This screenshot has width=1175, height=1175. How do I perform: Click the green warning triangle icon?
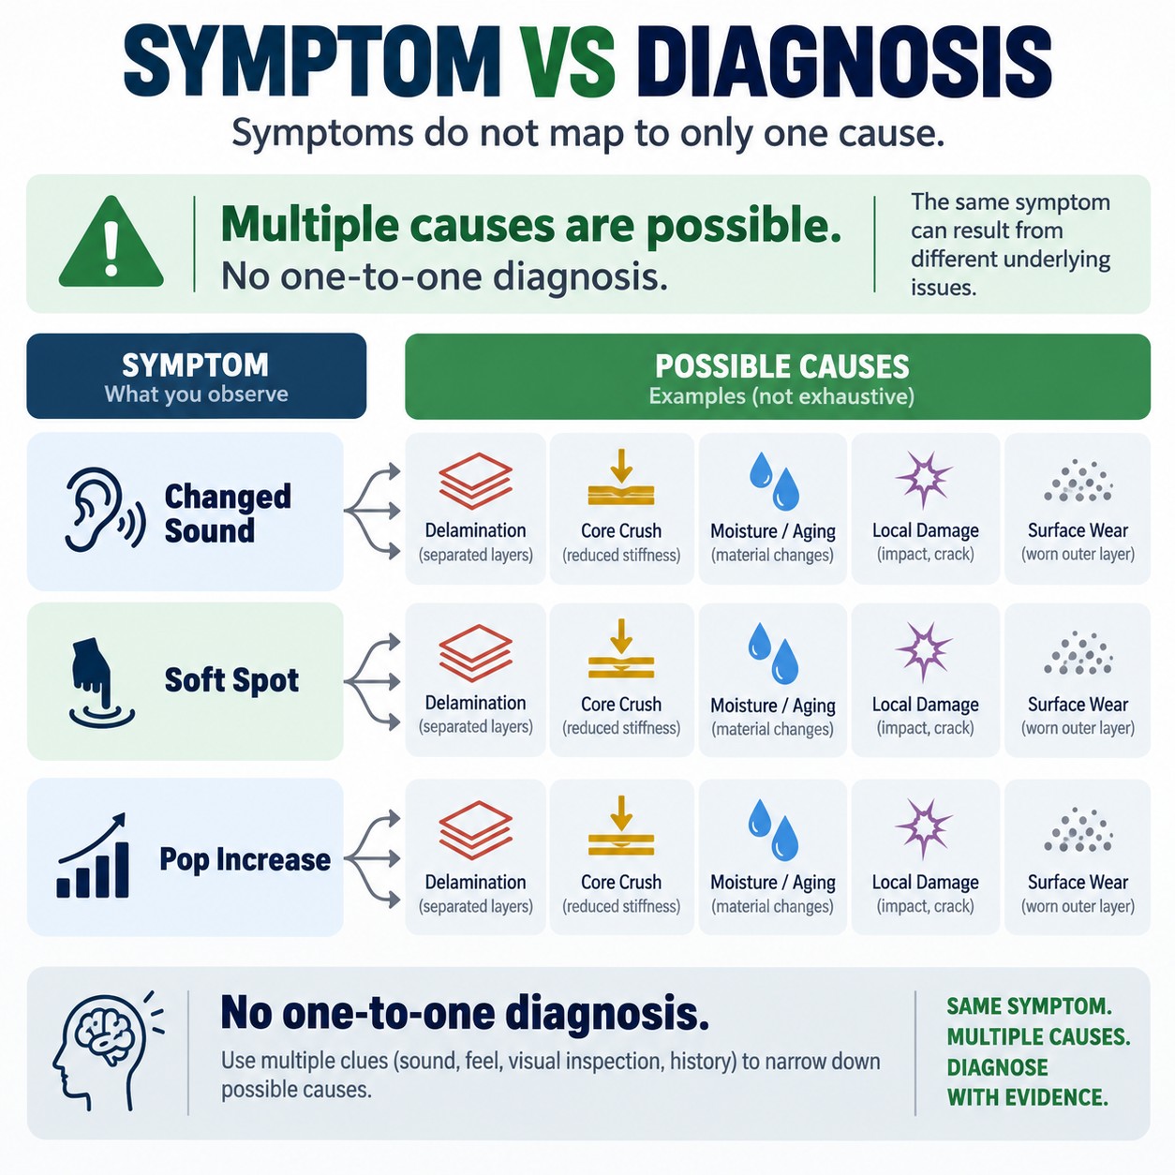pos(111,243)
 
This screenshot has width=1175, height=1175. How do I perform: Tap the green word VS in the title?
pos(569,62)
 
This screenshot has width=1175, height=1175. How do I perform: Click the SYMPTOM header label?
pos(195,364)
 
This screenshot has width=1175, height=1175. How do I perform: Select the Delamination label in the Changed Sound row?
pos(476,530)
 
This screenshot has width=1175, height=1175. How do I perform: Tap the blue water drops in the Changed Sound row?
pos(773,481)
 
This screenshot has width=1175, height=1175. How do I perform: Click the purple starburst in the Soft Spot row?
pos(925,651)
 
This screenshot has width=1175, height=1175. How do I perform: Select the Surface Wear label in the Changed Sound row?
pos(1078,530)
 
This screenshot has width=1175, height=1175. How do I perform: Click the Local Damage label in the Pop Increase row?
pos(925,882)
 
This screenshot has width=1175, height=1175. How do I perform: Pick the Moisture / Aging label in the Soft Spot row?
pos(773,706)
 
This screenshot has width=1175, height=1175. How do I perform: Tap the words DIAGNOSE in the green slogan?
pos(998,1067)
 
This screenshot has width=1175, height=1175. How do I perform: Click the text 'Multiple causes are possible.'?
pos(530,225)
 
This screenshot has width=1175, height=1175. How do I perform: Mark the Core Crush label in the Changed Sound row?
pos(621,530)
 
